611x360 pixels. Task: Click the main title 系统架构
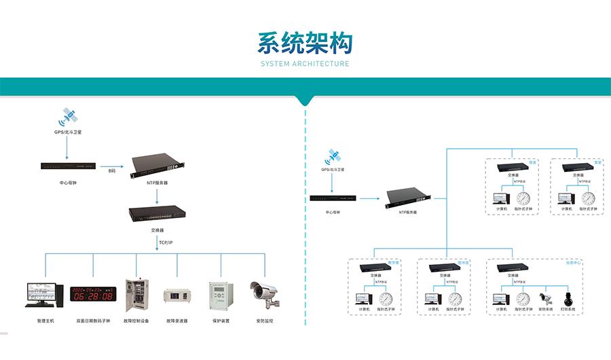[305, 43]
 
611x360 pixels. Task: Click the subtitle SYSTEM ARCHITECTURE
[305, 64]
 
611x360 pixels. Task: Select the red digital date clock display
[94, 294]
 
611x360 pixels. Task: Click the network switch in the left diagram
[158, 214]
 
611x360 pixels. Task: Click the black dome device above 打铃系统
[569, 298]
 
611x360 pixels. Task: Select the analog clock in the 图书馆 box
[455, 299]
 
